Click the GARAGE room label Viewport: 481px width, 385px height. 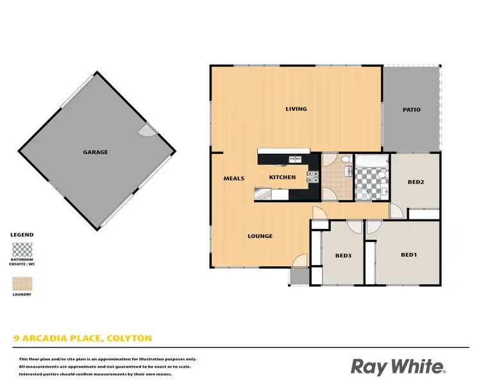pos(95,152)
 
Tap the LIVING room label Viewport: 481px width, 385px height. pos(296,108)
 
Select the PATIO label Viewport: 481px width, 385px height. pos(412,109)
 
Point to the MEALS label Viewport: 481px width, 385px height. pos(233,178)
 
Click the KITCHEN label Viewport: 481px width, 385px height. pos(282,177)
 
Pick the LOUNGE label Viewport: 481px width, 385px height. pos(260,236)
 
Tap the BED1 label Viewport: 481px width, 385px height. pos(409,255)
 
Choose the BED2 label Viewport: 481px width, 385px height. pos(416,182)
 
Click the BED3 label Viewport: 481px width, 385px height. pos(343,255)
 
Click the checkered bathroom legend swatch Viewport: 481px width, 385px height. pos(22,249)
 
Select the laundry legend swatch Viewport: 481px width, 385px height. pos(22,284)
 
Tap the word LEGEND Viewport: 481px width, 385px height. pos(22,235)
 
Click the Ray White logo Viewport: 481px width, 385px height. pos(398,366)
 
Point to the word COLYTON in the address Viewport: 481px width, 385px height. pos(131,338)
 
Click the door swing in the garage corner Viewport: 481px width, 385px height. pos(146,130)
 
